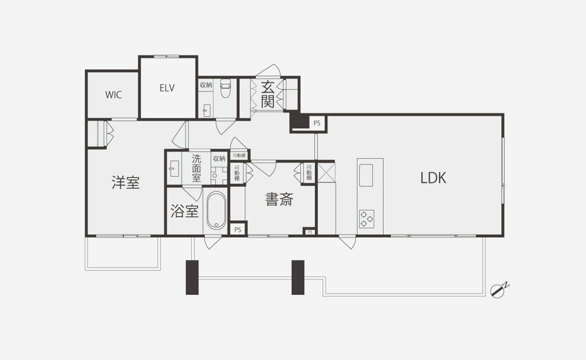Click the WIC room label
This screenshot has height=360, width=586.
[x=113, y=95]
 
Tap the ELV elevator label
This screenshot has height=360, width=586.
[x=167, y=88]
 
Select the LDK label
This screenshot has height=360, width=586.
[x=433, y=178]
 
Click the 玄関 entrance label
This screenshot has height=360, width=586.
[x=268, y=95]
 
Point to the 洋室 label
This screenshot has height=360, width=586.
[x=125, y=182]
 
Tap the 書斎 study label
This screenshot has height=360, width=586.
[x=279, y=199]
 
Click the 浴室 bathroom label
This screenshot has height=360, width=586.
[x=184, y=211]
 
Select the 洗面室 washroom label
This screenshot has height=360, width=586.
[x=196, y=168]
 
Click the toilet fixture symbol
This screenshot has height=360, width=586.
[x=225, y=88]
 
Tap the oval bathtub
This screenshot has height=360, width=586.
[x=216, y=211]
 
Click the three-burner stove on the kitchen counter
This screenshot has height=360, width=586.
[x=366, y=219]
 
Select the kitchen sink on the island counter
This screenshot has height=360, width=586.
[x=366, y=175]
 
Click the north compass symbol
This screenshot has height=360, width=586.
[x=499, y=290]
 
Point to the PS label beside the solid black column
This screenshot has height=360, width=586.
[x=317, y=123]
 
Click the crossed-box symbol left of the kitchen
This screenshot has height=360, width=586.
[x=327, y=172]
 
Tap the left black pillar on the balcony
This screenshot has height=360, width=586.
[x=192, y=277]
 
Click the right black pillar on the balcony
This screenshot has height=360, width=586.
[x=298, y=277]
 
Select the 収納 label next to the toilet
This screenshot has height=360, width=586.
[x=206, y=85]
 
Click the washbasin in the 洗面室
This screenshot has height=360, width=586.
[x=174, y=168]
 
